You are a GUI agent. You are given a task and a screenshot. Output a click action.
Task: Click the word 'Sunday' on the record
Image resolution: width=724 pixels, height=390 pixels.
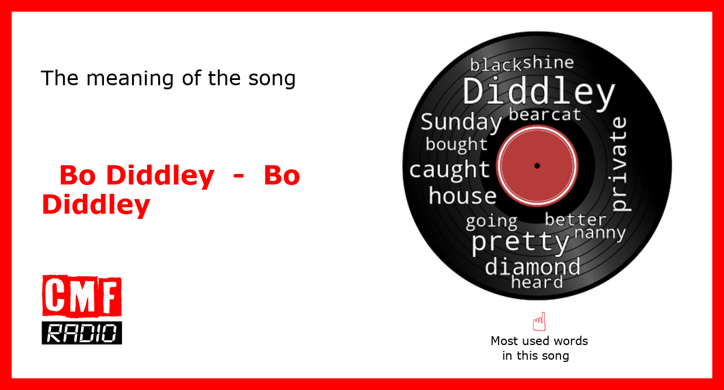461,123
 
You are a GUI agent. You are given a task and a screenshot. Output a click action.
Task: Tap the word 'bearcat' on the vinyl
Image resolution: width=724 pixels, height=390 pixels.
545,114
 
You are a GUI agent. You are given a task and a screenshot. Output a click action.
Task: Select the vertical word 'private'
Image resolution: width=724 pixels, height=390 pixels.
620,164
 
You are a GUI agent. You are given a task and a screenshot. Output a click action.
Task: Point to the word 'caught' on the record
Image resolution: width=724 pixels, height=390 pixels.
450,170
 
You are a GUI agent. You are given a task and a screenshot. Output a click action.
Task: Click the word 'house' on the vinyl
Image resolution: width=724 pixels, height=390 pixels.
462,196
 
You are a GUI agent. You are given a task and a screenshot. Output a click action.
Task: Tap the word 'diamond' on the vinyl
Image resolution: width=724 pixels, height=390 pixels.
532,266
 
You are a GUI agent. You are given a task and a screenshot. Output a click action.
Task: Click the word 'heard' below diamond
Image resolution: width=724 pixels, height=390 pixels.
537,282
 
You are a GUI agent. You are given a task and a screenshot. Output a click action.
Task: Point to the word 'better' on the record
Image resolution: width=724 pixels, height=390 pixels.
576,220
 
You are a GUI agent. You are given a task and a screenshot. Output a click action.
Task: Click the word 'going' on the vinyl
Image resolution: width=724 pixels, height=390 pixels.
492,222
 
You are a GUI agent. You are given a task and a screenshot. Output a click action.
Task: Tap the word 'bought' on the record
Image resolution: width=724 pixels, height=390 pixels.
457,144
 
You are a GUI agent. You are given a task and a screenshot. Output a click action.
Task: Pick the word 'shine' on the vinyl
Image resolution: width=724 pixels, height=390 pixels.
548,62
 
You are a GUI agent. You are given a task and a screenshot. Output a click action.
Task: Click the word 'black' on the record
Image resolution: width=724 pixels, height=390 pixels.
496,65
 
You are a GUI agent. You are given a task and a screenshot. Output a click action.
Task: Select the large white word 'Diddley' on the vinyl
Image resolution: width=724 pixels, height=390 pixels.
539,92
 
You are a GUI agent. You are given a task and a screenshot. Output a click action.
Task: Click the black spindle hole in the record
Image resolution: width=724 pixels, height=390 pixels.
537,166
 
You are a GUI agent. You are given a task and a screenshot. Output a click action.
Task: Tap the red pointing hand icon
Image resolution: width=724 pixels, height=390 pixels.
539,321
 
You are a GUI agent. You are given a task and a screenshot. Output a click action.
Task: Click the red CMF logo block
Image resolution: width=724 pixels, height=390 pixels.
82,296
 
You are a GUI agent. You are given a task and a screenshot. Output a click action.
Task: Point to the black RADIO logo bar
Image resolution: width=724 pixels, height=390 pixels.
82,333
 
